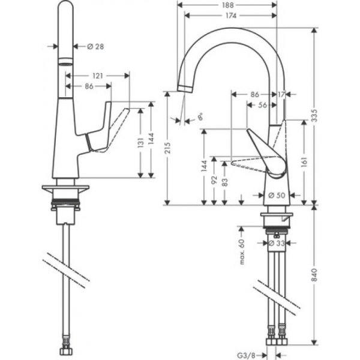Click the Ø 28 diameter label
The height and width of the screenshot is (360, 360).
97,47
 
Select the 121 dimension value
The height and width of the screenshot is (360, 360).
97,76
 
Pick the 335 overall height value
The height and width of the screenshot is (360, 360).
315,119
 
